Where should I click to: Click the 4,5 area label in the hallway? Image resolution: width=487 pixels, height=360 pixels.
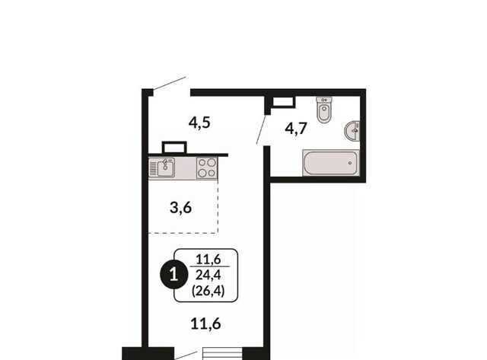pos(199,123)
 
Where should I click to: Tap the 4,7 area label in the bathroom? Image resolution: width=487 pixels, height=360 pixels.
pos(296,129)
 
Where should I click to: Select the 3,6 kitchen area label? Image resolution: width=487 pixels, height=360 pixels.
pos(181,208)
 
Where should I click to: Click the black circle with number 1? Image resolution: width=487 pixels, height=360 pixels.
pos(174,275)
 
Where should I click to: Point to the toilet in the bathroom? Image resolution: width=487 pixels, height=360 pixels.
pos(324,110)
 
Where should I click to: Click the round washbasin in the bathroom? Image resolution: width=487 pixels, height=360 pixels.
pos(352,132)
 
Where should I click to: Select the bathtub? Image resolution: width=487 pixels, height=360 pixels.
pos(331,163)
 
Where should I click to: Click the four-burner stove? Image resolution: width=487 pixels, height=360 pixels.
pos(207,167)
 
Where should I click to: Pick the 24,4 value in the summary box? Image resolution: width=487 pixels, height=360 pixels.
pos(208,275)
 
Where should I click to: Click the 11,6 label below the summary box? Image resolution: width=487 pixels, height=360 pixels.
pos(205,324)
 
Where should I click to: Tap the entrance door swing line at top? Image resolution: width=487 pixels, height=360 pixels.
pos(170,84)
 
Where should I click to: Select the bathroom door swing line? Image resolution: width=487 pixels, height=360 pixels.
pos(261,129)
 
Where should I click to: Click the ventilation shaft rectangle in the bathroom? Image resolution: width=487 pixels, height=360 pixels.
pos(283,102)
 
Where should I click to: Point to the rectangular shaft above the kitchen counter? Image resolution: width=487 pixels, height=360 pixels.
pos(174,147)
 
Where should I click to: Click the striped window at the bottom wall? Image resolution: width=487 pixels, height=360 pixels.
pos(222,354)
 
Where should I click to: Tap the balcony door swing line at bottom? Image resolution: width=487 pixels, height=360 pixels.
pos(186,355)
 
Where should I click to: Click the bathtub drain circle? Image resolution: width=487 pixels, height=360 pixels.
pos(350,163)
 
